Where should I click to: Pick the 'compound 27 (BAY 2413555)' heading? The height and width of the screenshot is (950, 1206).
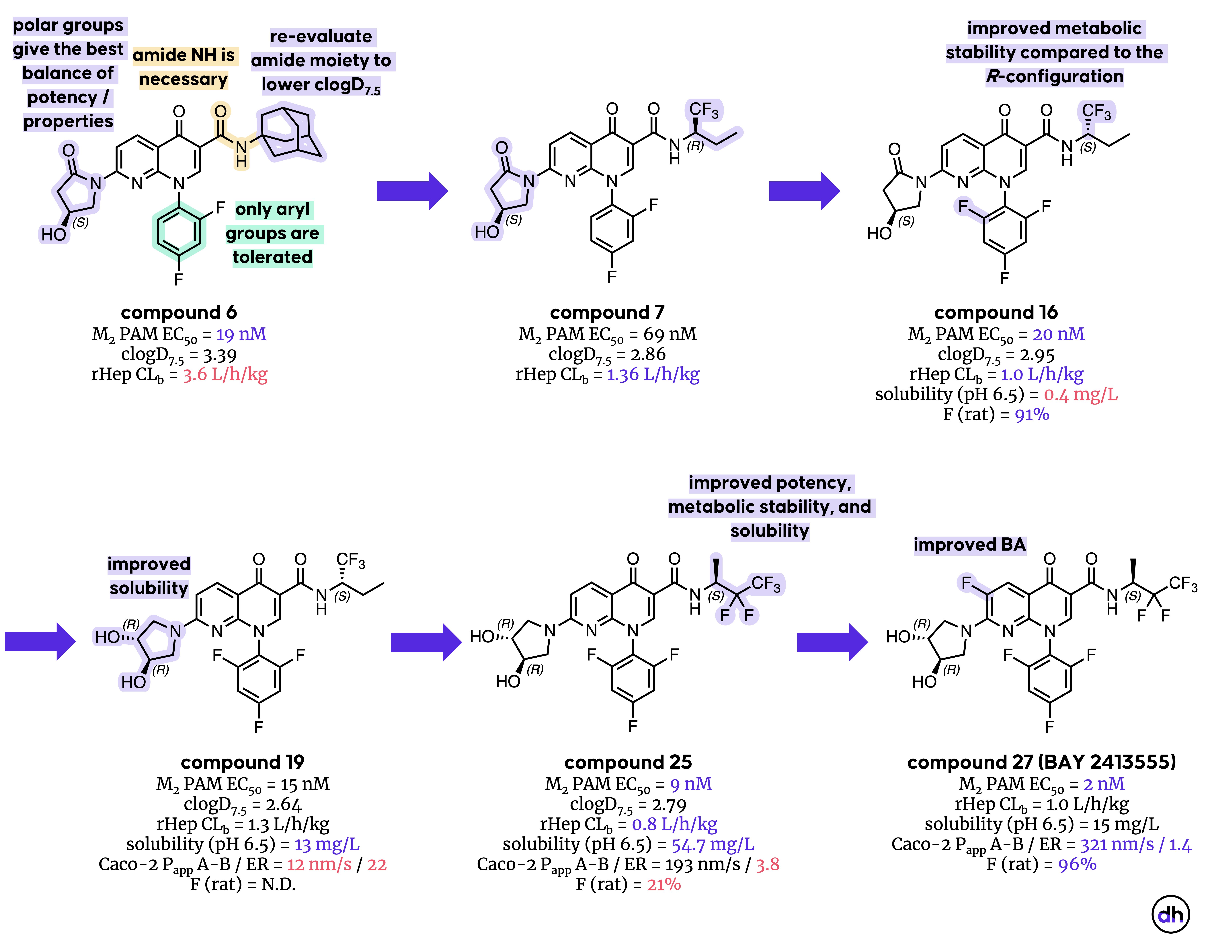click(x=1041, y=762)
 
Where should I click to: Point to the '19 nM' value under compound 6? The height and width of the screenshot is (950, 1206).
click(x=241, y=334)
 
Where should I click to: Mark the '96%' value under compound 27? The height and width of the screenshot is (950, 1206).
click(x=1077, y=864)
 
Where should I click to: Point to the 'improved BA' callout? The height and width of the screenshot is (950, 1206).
click(x=969, y=545)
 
